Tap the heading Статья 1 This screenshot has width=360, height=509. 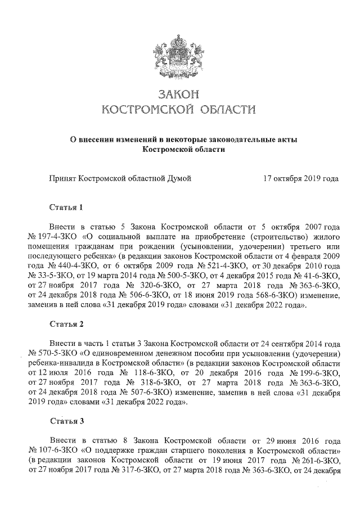(x=66, y=207)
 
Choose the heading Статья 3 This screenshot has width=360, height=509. (x=66, y=421)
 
